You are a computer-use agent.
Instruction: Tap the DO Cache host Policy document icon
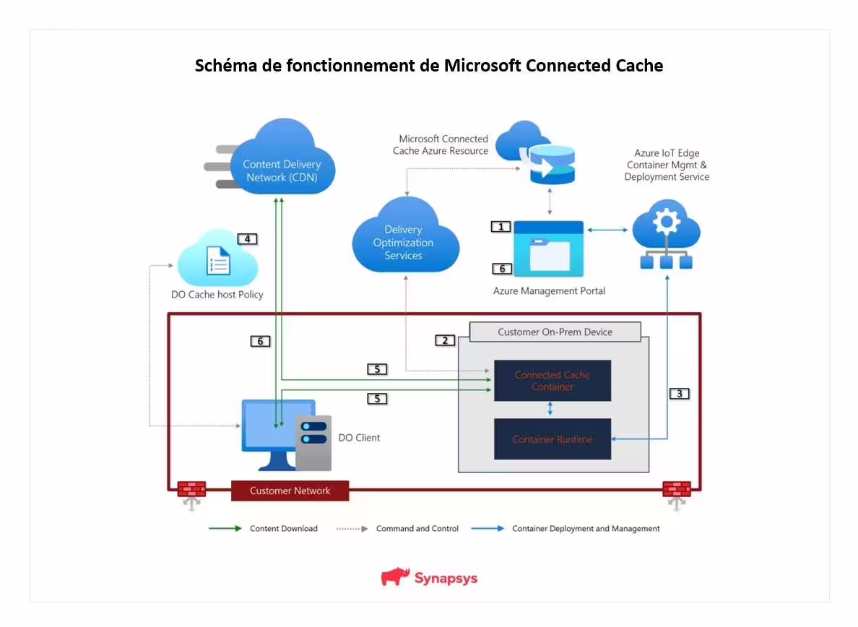(218, 261)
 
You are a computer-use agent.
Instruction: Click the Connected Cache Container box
(552, 381)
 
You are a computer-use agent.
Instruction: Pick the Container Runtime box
(552, 439)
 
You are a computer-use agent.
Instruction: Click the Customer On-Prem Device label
(555, 332)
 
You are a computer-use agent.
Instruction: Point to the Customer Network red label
(290, 490)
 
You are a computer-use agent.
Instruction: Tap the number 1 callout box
(500, 227)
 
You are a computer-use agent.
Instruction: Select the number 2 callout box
(445, 340)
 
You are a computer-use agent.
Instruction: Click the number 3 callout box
(679, 394)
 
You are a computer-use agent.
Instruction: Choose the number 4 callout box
(247, 238)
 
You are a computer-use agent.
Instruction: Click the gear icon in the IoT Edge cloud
(665, 221)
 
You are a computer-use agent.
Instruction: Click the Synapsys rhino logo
(395, 576)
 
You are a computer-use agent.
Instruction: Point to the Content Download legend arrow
(225, 528)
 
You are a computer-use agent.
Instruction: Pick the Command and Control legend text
(417, 529)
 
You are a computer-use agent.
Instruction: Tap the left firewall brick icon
(191, 489)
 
